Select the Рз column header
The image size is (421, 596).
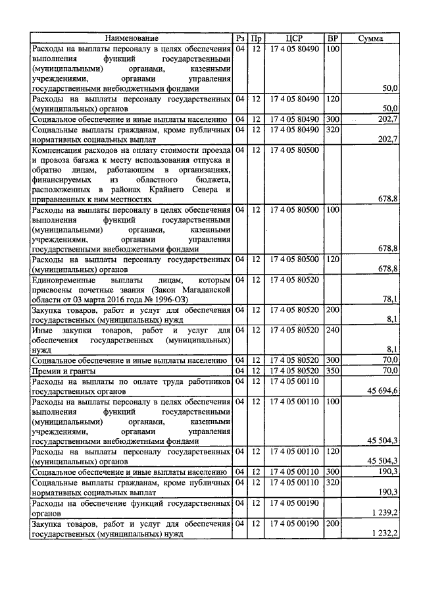(240, 39)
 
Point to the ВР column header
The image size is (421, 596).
(333, 39)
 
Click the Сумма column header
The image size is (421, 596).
(371, 39)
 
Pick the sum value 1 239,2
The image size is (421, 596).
(384, 513)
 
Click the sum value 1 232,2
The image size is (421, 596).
(384, 533)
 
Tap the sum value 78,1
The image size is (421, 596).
(391, 298)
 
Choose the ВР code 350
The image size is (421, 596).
(333, 370)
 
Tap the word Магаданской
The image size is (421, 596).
(203, 289)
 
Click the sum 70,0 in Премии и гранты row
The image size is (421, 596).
(391, 371)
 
